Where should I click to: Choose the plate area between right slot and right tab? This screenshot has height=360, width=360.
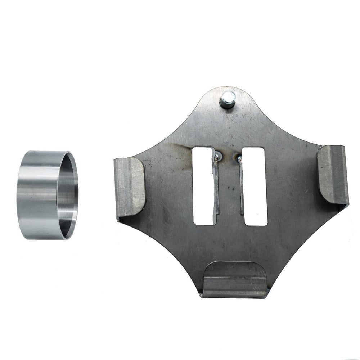click(292, 184)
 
